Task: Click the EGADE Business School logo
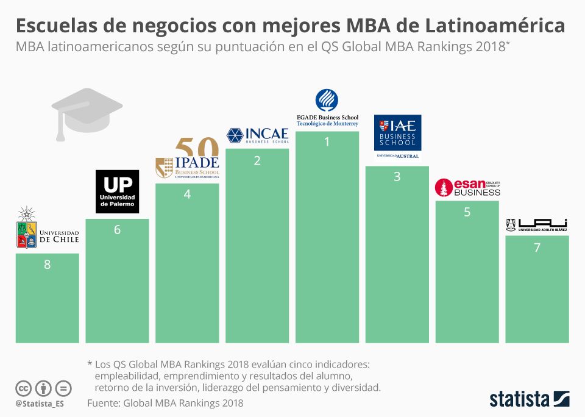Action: click(x=327, y=108)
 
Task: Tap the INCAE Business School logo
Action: click(x=257, y=135)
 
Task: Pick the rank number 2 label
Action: click(x=257, y=161)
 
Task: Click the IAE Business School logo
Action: click(x=397, y=137)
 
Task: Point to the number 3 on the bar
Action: click(x=397, y=177)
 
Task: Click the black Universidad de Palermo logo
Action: click(x=118, y=191)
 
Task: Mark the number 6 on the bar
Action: click(x=117, y=230)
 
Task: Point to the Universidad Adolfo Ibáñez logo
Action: click(x=537, y=225)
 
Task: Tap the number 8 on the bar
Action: click(x=48, y=265)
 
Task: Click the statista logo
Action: click(x=529, y=399)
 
